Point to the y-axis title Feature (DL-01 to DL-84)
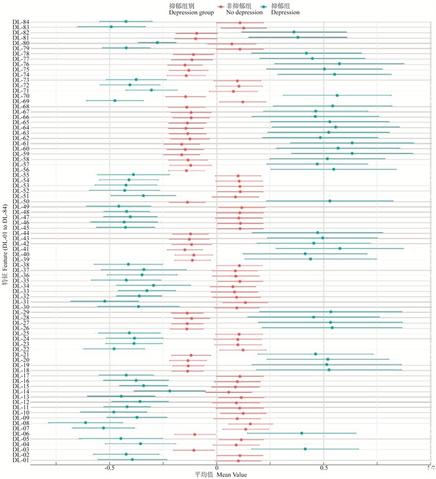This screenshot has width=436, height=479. click(5, 242)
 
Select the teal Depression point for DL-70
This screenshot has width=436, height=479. click(337, 95)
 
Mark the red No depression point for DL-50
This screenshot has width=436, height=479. click(187, 202)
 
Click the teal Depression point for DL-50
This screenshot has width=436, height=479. click(329, 201)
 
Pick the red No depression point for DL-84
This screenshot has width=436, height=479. click(240, 23)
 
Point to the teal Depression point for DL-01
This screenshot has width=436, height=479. click(132, 459)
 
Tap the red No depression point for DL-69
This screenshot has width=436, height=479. click(243, 102)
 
